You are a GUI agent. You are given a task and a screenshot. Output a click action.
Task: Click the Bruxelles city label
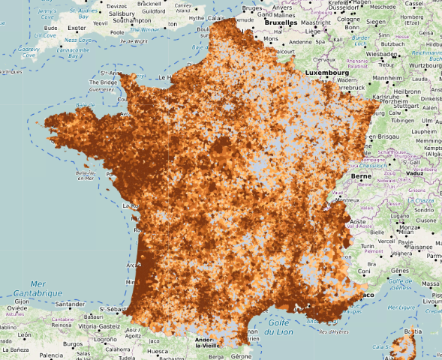coord(281,22)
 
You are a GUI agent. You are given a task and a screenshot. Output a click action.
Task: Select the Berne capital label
coord(361,176)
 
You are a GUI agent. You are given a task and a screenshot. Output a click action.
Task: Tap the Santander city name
coord(70,304)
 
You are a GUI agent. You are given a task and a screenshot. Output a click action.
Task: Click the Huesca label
coord(155,350)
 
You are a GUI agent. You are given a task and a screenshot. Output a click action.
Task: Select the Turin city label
coord(367,246)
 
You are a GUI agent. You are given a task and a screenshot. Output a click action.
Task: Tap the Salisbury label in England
coord(121,13)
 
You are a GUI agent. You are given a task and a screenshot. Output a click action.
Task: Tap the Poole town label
coord(117,33)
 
